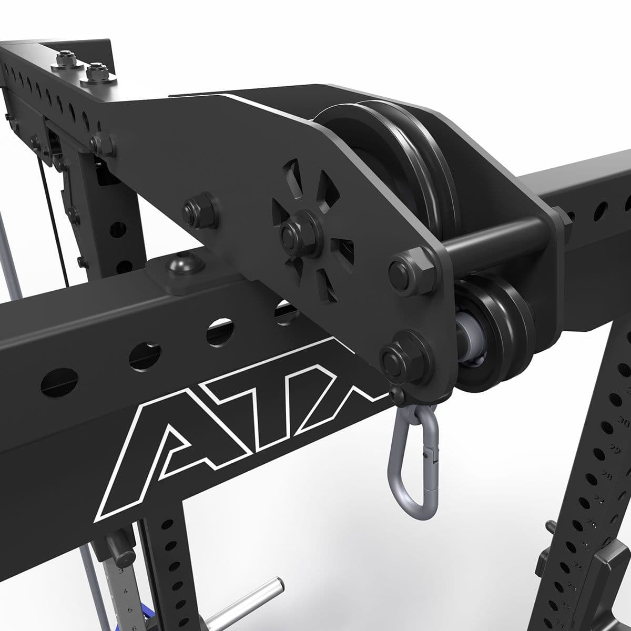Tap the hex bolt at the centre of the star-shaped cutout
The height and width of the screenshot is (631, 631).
296,230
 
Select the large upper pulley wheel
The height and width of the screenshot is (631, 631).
400,158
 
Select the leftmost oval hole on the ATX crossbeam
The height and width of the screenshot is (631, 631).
59,381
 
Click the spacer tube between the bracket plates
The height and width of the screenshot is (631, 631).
489,240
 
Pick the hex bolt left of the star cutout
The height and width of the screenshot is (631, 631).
198,210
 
